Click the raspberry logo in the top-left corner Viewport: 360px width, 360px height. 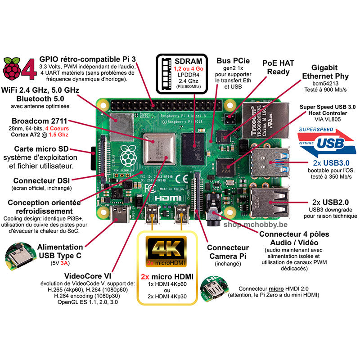tap(12, 68)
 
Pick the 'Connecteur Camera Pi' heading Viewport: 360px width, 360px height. tap(228, 252)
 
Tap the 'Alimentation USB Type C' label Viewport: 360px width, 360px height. tap(60, 251)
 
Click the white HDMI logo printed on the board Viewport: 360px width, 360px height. tap(167, 198)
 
